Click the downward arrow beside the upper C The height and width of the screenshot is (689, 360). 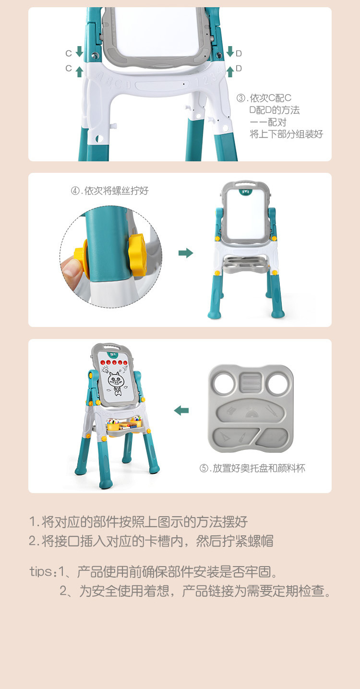point(80,52)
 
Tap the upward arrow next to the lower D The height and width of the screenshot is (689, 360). point(230,71)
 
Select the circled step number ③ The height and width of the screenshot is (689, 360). point(241,98)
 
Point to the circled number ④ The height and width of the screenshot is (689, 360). point(75,191)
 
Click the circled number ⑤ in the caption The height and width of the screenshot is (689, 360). point(204,468)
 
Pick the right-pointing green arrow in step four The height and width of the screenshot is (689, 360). point(186,253)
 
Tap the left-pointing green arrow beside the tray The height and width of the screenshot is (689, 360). point(181,410)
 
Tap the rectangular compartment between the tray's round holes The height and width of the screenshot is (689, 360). point(250,383)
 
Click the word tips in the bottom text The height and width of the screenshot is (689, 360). point(40,571)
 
